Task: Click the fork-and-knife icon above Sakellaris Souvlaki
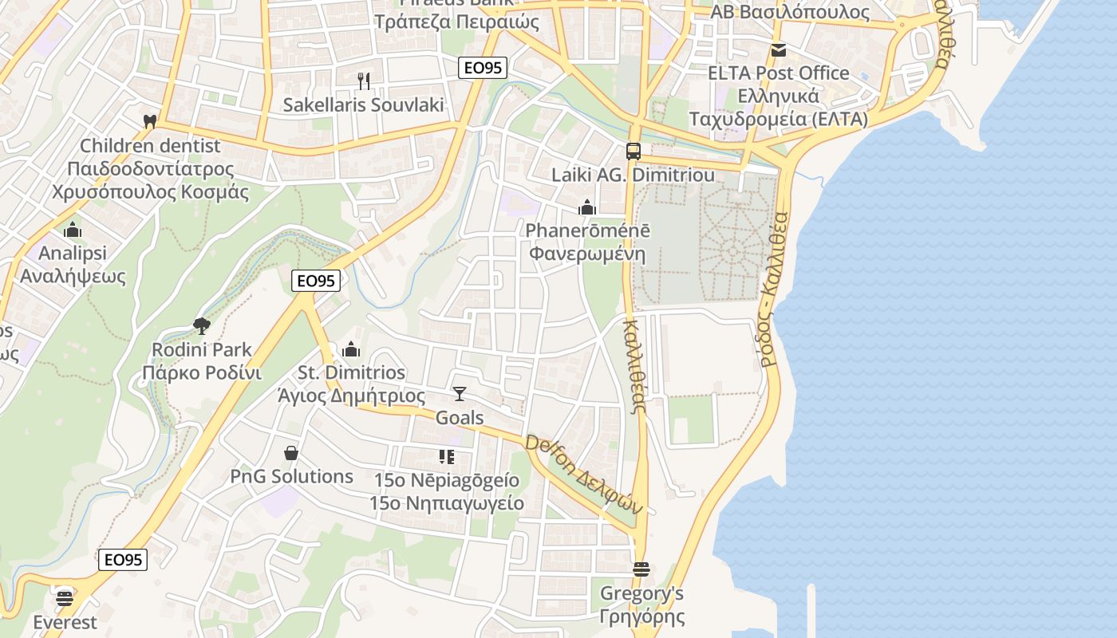tap(364, 81)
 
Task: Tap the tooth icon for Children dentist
tap(148, 122)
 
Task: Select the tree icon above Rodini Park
tap(201, 325)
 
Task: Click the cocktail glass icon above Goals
tap(459, 393)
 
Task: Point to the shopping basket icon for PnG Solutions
tap(291, 453)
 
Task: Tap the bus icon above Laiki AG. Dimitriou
tap(633, 151)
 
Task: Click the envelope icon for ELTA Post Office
tap(778, 50)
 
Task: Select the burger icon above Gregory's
tap(641, 569)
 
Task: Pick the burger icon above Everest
tap(65, 597)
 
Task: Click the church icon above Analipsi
tap(73, 230)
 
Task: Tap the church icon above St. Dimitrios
tap(351, 349)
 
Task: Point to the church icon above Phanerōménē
tap(587, 208)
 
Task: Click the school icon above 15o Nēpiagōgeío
tap(446, 457)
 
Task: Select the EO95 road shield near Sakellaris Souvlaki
tap(484, 68)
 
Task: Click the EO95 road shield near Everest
tap(124, 560)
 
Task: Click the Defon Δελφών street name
tap(583, 474)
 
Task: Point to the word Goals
tap(460, 417)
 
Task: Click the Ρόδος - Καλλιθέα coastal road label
tap(775, 287)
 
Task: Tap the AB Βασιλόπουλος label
tap(790, 12)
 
